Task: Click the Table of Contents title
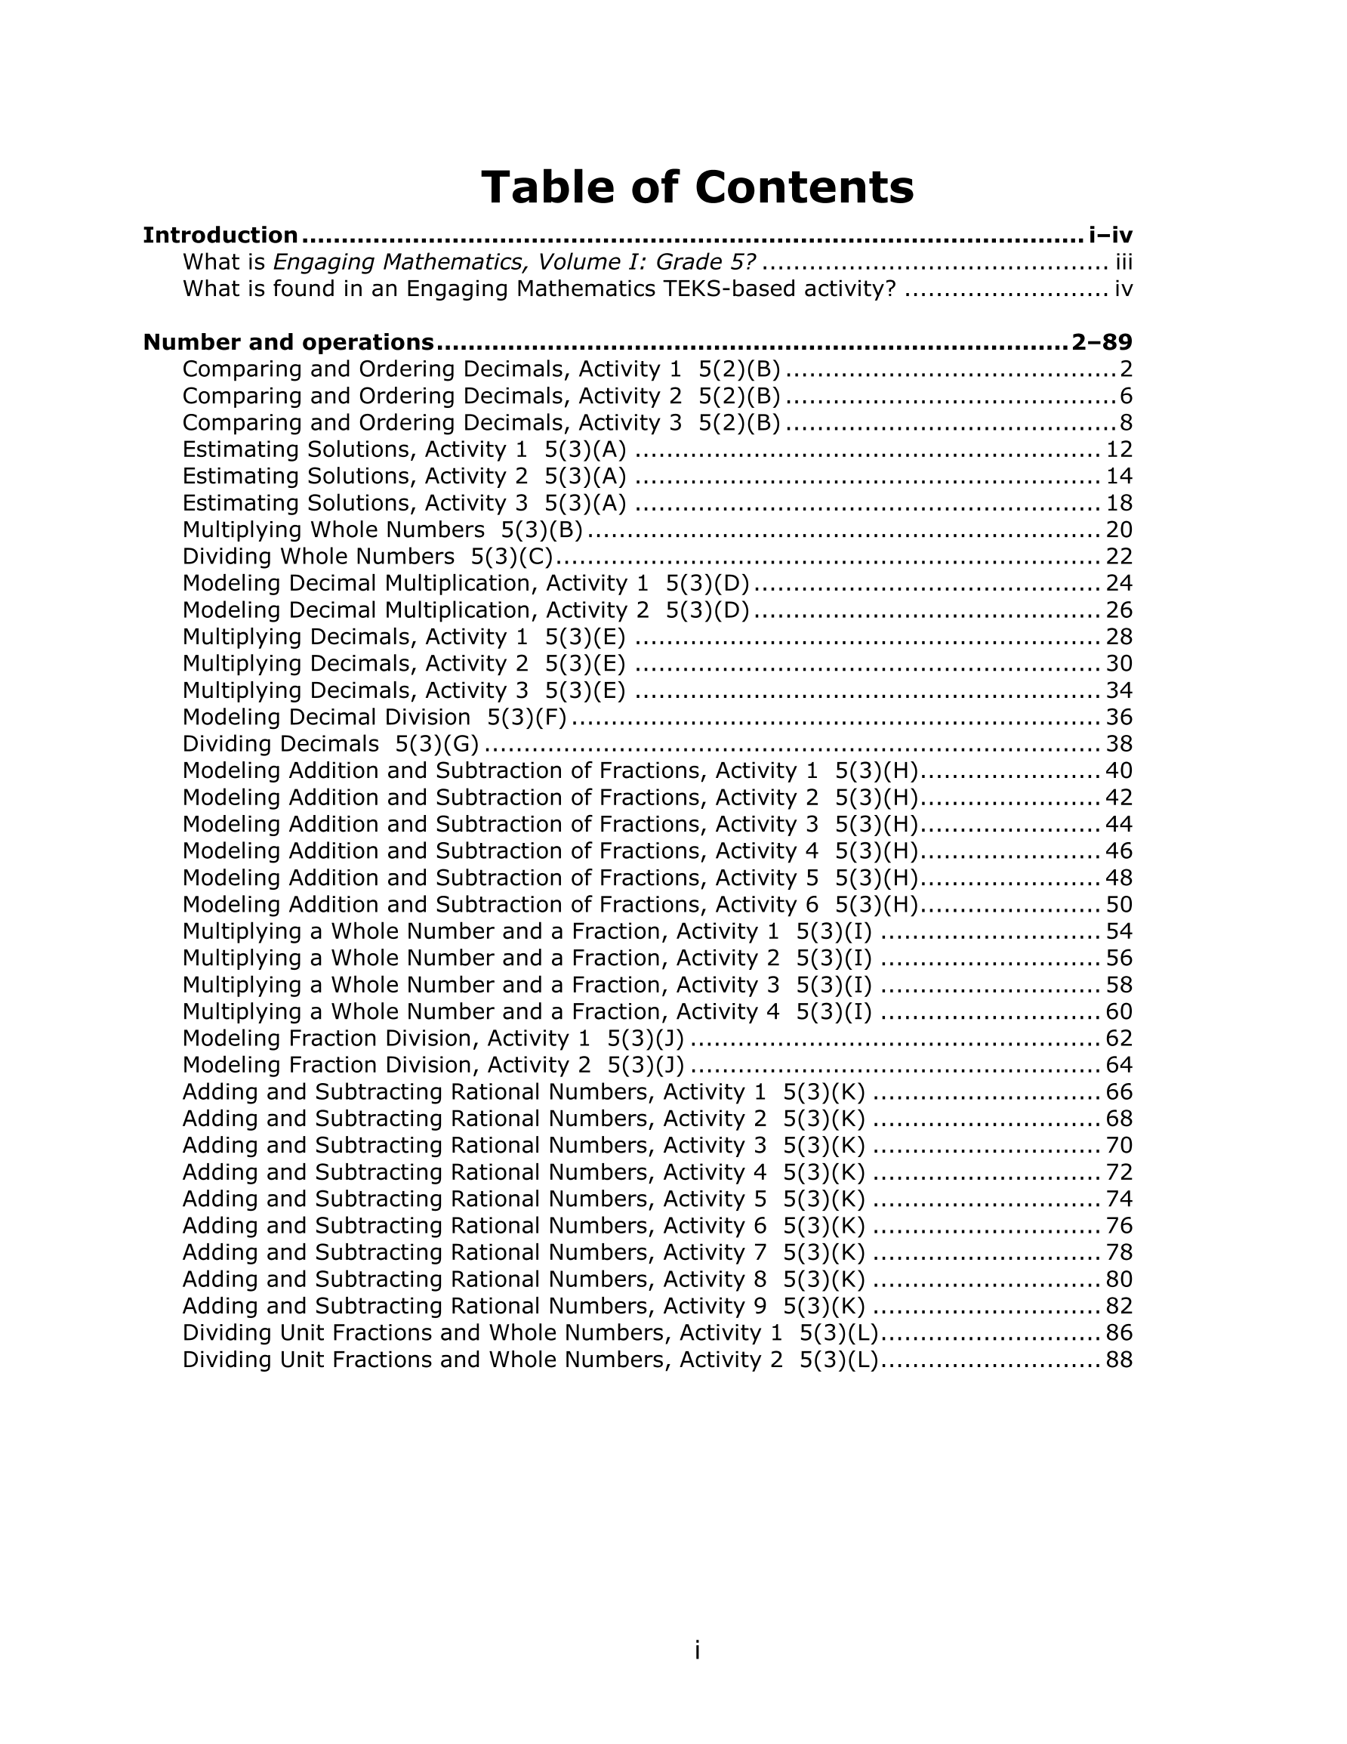[x=696, y=187]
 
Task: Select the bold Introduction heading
[x=220, y=236]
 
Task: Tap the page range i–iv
[x=1110, y=236]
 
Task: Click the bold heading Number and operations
[x=288, y=343]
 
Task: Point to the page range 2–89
[x=1102, y=343]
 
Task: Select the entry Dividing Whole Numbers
[x=318, y=557]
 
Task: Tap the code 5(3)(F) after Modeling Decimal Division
[x=527, y=717]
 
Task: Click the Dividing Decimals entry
[x=280, y=744]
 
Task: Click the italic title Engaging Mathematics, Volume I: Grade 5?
[x=514, y=262]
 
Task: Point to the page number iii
[x=1124, y=262]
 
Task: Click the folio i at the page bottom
[x=697, y=1650]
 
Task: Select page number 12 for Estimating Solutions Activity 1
[x=1119, y=449]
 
